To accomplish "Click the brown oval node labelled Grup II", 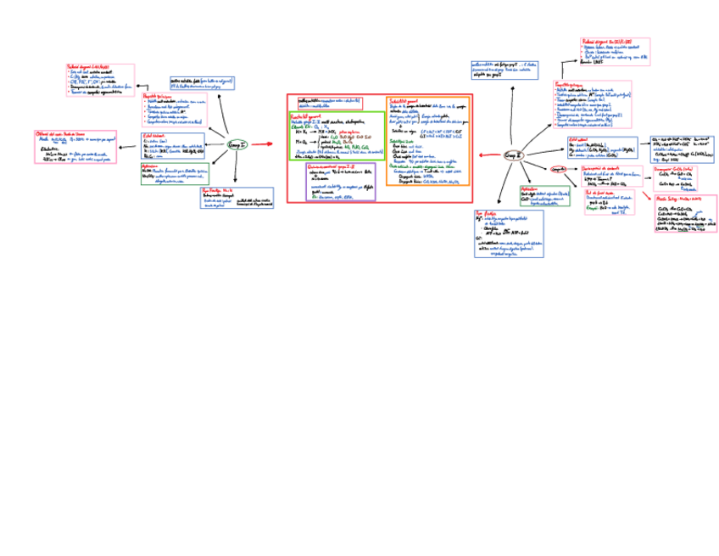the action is click(x=514, y=155).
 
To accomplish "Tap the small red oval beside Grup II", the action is click(x=559, y=169).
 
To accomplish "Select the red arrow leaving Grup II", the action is click(x=489, y=155).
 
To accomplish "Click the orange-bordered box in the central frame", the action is click(x=428, y=140).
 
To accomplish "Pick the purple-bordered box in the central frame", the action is click(x=341, y=182).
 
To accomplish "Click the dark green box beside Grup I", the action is click(x=173, y=174).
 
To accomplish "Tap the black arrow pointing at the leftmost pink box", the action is click(x=129, y=149).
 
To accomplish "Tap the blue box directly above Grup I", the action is click(x=203, y=83).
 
